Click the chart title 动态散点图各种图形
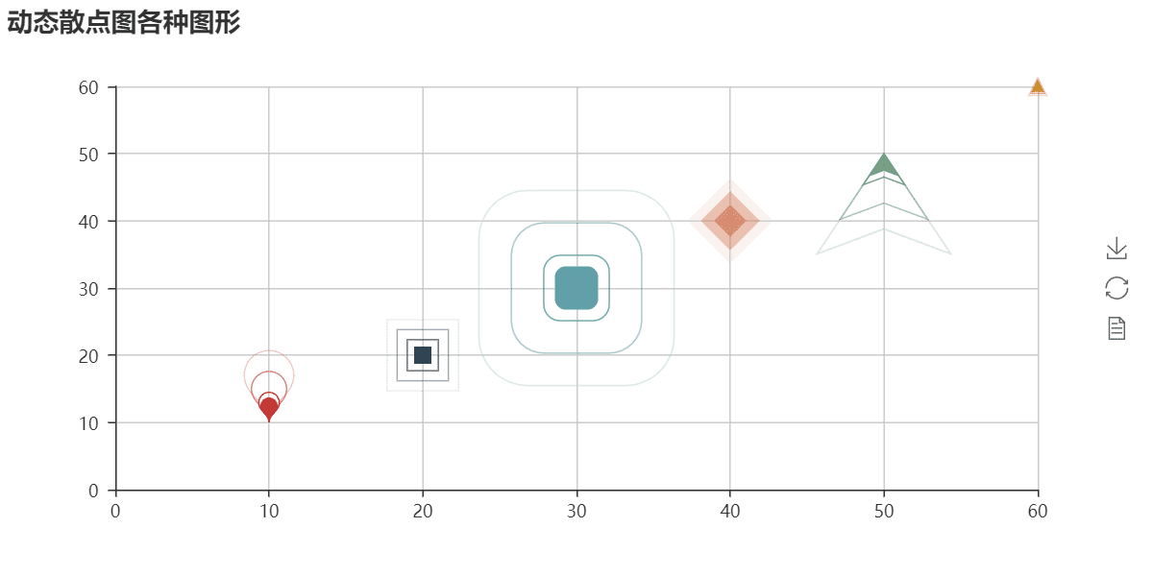pyautogui.click(x=124, y=23)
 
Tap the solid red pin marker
pyautogui.click(x=269, y=409)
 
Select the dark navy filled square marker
pyautogui.click(x=423, y=355)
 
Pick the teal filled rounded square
pyautogui.click(x=576, y=288)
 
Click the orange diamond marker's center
pyautogui.click(x=730, y=221)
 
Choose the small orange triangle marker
pyautogui.click(x=1037, y=86)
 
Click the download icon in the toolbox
pyautogui.click(x=1116, y=248)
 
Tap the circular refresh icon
pyautogui.click(x=1116, y=288)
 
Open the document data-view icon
pyautogui.click(x=1116, y=328)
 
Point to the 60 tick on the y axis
pyautogui.click(x=88, y=88)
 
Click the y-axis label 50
pyautogui.click(x=88, y=155)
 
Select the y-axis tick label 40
pyautogui.click(x=88, y=222)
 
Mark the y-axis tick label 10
pyautogui.click(x=88, y=423)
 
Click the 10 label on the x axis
pyautogui.click(x=269, y=511)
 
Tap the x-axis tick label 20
pyautogui.click(x=423, y=511)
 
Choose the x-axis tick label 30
pyautogui.click(x=576, y=511)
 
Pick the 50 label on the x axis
pyautogui.click(x=884, y=511)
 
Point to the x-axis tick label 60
pyautogui.click(x=1038, y=511)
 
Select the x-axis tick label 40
pyautogui.click(x=730, y=511)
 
